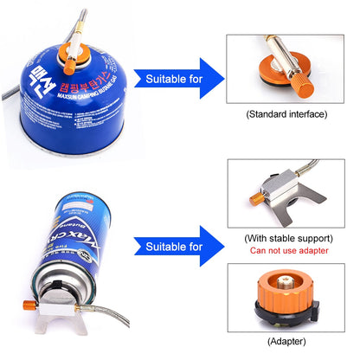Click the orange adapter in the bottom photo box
pos(286,290)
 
